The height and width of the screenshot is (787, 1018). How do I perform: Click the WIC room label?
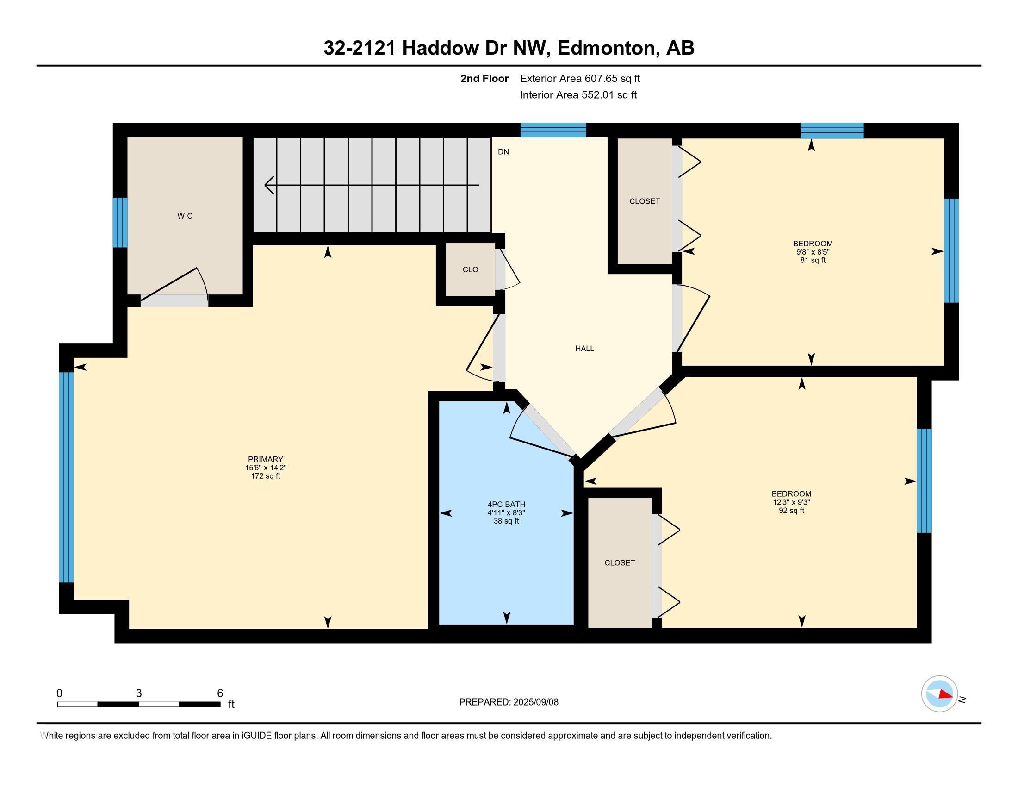185,216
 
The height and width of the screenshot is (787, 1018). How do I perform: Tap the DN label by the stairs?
503,152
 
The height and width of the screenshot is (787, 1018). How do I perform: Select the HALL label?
584,349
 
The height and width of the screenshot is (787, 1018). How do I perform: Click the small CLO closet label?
470,269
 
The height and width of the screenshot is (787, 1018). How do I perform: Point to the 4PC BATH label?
506,505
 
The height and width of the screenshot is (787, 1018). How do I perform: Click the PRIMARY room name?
266,459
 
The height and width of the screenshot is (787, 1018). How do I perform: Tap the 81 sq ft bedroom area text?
813,260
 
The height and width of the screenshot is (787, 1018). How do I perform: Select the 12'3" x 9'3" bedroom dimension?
791,502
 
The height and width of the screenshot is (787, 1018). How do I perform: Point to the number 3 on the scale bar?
139,693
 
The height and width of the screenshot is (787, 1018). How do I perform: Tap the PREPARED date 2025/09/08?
535,702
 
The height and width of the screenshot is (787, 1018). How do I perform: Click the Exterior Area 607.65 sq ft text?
580,79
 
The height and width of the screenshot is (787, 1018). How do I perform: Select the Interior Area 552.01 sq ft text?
578,95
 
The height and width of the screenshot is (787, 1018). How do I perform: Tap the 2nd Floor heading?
484,79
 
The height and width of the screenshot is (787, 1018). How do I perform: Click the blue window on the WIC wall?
120,222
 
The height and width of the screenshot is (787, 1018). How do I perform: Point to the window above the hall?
553,130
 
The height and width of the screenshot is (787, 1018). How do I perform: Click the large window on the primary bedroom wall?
67,477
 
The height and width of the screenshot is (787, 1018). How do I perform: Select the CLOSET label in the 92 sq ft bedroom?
620,563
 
